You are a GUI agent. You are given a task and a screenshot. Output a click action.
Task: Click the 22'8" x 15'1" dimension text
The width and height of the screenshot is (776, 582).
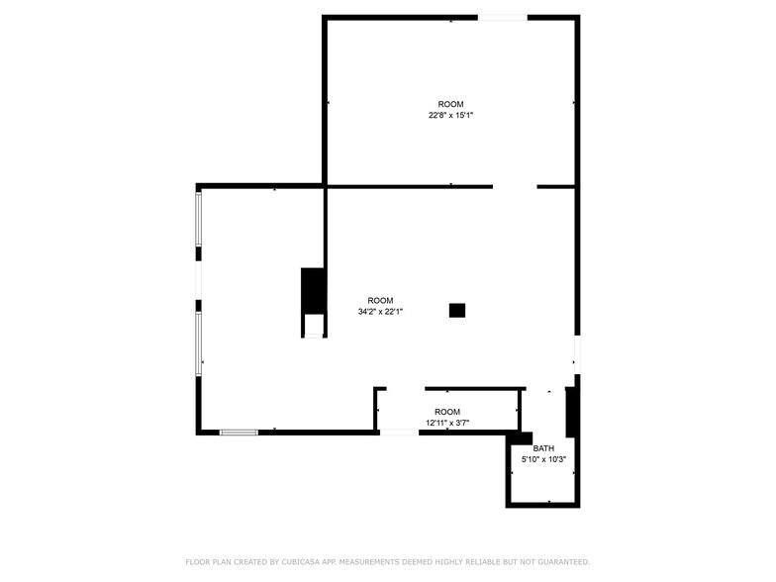(450, 116)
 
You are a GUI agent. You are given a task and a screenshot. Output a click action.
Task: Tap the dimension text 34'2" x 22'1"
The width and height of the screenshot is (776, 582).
(380, 312)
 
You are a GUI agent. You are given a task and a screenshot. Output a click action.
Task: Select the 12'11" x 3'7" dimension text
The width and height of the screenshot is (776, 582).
(447, 423)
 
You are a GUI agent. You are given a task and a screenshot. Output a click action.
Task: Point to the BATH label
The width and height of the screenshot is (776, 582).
(543, 448)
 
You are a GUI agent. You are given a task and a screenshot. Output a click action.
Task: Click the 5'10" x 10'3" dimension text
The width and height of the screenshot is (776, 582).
(543, 459)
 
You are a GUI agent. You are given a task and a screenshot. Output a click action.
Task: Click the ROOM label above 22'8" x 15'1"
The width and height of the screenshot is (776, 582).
(450, 104)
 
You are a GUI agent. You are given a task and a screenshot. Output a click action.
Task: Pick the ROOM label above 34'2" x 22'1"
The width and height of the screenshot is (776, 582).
(380, 300)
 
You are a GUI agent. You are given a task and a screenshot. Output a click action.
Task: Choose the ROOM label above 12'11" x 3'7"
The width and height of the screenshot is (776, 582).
(447, 412)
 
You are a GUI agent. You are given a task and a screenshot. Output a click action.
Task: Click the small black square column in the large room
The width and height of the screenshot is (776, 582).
(456, 310)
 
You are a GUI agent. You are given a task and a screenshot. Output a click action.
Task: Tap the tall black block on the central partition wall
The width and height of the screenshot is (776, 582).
(314, 289)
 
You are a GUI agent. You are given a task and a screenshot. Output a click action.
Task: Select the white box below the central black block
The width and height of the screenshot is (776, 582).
(314, 326)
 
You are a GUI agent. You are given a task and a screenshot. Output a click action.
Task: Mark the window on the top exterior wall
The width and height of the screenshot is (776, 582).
(503, 17)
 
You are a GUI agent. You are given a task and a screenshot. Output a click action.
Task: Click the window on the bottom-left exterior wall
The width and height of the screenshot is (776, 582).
(239, 432)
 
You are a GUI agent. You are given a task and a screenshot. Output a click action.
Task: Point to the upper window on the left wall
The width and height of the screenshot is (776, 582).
(199, 219)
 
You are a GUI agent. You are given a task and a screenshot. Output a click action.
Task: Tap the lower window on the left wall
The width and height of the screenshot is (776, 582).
(199, 342)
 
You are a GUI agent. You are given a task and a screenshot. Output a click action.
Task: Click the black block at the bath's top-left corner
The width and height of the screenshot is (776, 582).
(523, 437)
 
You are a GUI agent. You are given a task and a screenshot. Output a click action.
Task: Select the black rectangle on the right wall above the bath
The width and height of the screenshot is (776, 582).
(571, 412)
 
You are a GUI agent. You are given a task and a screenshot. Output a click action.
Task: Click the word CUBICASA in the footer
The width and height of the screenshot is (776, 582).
(303, 562)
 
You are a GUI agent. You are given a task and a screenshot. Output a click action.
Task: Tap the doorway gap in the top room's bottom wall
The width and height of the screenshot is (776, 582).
(515, 186)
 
